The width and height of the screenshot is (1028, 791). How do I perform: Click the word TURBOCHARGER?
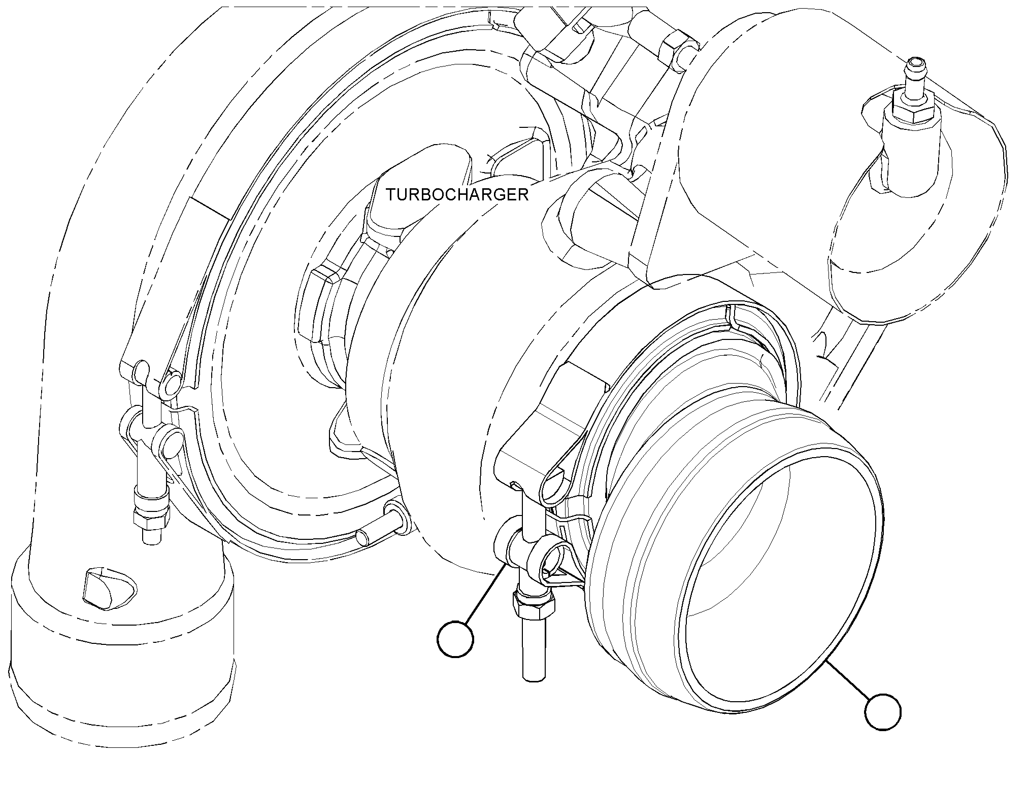(x=457, y=194)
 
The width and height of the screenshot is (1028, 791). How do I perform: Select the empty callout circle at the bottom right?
(x=883, y=712)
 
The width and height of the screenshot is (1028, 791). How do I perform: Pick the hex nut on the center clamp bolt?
(x=534, y=604)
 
